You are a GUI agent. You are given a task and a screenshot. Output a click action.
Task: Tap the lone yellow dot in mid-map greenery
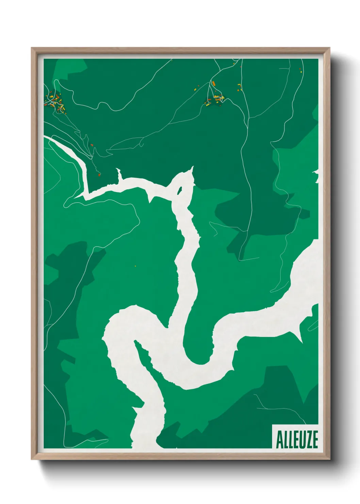[x=135, y=266]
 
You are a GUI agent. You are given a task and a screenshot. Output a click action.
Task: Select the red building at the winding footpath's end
[x=99, y=175]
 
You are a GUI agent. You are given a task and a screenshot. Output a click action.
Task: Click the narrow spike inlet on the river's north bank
[x=119, y=174]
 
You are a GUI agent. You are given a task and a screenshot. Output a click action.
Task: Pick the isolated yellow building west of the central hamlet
[x=195, y=90]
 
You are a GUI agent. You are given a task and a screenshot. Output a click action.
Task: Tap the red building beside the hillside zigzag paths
[x=92, y=145]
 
